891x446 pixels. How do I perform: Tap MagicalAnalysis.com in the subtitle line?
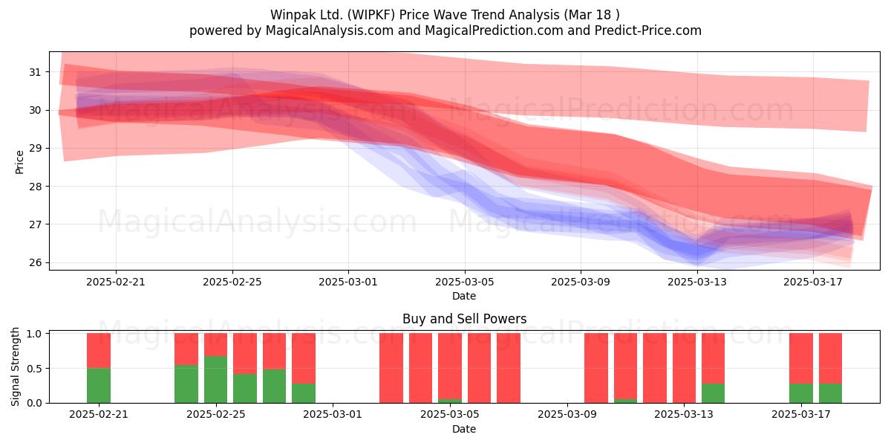(330, 30)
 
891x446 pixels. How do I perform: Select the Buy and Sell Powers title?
(464, 319)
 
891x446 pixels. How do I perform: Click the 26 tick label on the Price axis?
(35, 262)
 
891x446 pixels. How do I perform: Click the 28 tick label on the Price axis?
(35, 187)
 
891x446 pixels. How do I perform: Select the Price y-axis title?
(19, 162)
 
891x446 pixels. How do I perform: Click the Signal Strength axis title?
(15, 366)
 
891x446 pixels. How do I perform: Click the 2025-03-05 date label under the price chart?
(464, 282)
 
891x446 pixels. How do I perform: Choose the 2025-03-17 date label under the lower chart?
(801, 415)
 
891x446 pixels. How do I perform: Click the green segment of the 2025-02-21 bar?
(99, 386)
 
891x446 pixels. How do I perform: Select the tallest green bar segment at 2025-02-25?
(215, 380)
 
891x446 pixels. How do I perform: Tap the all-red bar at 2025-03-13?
(684, 368)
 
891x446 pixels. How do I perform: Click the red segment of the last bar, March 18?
(830, 358)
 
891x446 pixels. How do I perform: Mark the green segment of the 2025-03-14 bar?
(714, 393)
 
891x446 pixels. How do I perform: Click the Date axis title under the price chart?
(464, 296)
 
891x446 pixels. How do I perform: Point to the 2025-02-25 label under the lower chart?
(215, 415)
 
